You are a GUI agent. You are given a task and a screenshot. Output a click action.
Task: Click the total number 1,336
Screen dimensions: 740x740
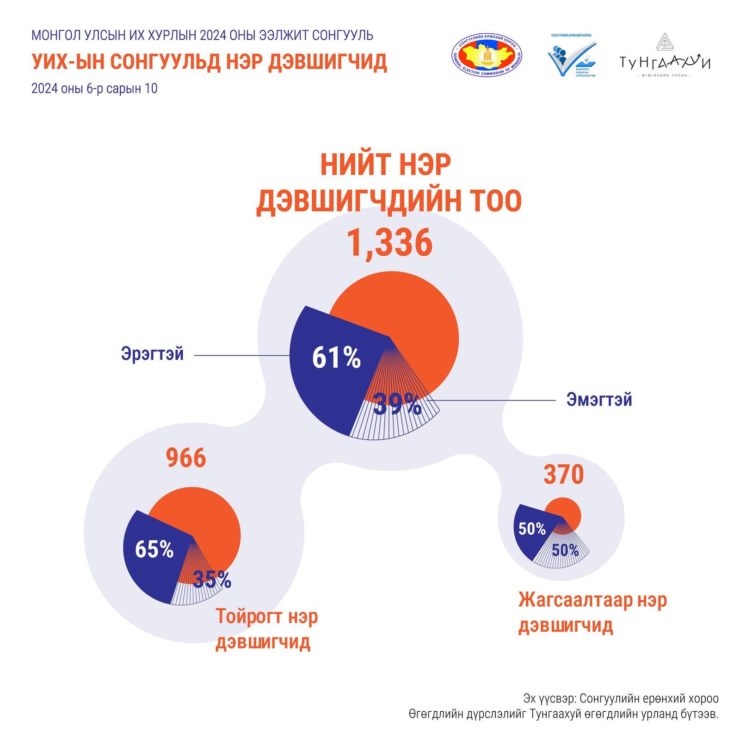(x=389, y=243)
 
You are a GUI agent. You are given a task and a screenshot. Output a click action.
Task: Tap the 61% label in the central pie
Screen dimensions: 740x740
(x=336, y=358)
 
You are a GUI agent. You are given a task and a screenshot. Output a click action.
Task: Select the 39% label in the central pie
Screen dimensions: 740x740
(x=397, y=405)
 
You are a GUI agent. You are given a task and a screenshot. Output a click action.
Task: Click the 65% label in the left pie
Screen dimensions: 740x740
(x=154, y=549)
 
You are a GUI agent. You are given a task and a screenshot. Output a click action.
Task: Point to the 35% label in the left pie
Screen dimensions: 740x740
(x=212, y=579)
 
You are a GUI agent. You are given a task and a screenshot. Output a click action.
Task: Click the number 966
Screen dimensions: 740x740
(x=186, y=458)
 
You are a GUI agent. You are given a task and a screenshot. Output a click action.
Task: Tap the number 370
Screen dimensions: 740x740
(x=563, y=475)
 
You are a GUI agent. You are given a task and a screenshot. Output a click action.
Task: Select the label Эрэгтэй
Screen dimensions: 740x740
(x=152, y=354)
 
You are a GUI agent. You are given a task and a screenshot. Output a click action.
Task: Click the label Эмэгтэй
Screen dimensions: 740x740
(x=599, y=400)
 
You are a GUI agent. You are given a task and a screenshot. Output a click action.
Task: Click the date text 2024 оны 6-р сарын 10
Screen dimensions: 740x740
(x=94, y=88)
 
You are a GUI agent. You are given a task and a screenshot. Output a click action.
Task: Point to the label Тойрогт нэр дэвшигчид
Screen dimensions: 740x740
(x=266, y=629)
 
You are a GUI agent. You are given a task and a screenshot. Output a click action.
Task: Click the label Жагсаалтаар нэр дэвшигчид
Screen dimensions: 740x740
(x=592, y=612)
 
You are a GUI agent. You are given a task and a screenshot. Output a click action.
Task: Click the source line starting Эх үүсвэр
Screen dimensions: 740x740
(x=621, y=698)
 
